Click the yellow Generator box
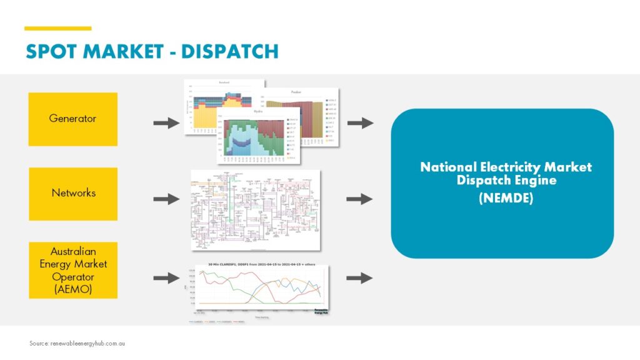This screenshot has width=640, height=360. (72, 119)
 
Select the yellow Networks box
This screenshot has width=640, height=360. (72, 193)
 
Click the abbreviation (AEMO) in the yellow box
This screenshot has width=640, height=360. (73, 289)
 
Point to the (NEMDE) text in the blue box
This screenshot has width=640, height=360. (506, 199)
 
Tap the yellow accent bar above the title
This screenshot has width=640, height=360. (57, 28)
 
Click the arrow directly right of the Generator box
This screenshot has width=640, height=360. (166, 123)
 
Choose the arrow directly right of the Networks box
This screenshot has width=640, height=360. (166, 199)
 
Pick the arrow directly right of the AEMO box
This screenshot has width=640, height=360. (166, 278)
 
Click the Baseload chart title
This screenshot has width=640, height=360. (223, 82)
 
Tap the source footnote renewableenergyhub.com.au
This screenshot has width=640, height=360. (77, 344)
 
